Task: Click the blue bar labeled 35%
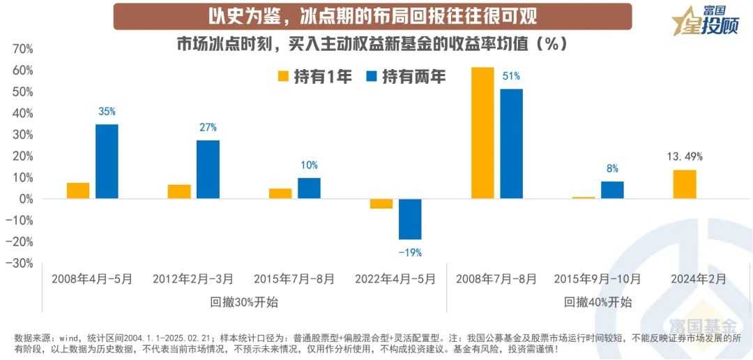click(107, 161)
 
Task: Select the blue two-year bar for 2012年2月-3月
click(208, 170)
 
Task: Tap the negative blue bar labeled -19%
click(410, 219)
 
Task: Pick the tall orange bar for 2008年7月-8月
click(482, 133)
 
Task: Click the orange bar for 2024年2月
click(684, 184)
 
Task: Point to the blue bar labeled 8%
click(612, 190)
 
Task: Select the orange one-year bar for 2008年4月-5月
click(78, 190)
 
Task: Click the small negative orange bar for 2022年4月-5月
click(381, 204)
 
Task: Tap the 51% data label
click(511, 76)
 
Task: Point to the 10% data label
click(309, 165)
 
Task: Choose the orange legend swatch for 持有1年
click(284, 77)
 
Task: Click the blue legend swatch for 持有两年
click(371, 77)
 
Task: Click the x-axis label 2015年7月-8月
click(294, 279)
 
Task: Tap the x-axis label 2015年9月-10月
click(598, 279)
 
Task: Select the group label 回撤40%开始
click(598, 302)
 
